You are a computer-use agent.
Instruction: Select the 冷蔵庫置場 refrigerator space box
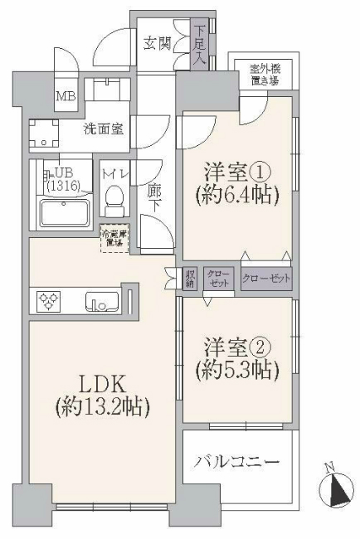pos(114,238)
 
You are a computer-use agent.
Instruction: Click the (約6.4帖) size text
pos(236,196)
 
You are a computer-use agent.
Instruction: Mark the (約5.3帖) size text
pos(236,370)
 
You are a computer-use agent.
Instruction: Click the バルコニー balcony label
pos(237,461)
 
